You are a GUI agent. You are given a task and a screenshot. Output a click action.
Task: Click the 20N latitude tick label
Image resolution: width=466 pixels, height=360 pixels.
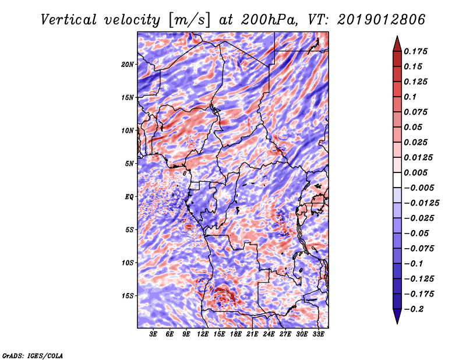click(128, 64)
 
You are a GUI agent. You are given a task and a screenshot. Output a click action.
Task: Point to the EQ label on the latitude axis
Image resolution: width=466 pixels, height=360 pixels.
click(129, 196)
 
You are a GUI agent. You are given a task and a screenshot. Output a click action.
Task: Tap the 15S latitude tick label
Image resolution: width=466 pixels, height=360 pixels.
click(128, 296)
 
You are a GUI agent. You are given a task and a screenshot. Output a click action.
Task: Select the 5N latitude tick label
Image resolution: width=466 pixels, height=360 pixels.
click(129, 164)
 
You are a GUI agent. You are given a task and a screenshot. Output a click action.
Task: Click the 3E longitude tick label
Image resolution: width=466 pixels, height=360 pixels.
click(154, 334)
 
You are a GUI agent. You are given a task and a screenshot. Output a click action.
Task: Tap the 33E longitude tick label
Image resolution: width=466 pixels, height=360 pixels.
click(319, 334)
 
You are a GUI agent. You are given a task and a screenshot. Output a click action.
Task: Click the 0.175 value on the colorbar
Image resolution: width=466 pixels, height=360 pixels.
click(416, 51)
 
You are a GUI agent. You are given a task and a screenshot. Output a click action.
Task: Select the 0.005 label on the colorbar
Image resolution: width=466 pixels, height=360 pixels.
click(416, 172)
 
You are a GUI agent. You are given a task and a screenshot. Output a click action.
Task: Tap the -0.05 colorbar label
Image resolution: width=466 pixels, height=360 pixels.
click(416, 233)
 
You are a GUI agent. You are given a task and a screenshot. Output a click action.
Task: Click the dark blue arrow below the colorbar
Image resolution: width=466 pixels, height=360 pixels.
click(396, 317)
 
